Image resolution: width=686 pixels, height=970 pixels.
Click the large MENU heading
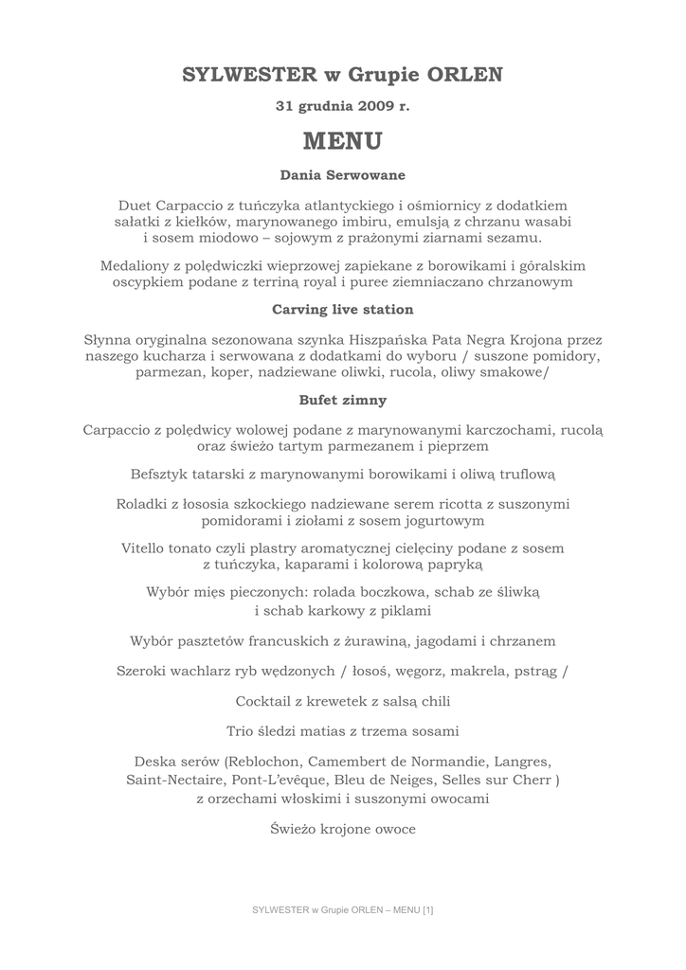click(x=343, y=141)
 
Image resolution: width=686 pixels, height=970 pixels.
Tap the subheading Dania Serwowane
click(x=343, y=175)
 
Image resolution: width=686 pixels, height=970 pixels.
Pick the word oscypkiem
click(x=150, y=282)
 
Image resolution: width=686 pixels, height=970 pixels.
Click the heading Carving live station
click(x=343, y=310)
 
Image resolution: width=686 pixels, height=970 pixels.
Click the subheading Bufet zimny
click(x=343, y=400)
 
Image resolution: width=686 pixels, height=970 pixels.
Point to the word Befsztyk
click(x=162, y=473)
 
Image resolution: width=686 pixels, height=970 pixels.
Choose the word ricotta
click(x=433, y=504)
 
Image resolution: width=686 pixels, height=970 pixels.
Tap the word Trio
click(x=242, y=731)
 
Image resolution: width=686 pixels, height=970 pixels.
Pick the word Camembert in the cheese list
click(x=357, y=762)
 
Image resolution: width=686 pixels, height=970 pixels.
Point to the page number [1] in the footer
click(x=428, y=910)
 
